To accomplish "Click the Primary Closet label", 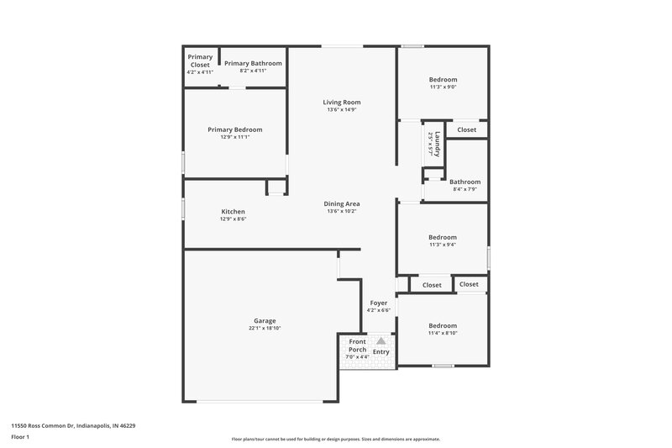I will pos(200,61).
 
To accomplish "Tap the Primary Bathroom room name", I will pos(253,63).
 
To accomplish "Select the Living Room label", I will pos(342,103).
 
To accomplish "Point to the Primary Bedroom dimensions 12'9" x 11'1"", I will pos(235,137).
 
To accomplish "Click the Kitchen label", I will pos(233,211).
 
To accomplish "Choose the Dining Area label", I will pos(342,203).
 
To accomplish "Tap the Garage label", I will pos(265,320).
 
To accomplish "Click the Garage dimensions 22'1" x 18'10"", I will pos(265,329).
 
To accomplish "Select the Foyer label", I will pos(379,303).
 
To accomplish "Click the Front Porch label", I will pos(358,345).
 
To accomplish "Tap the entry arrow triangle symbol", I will pos(381,341).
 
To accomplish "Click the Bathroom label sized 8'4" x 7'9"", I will pos(465,182).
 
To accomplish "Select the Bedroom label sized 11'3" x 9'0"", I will pos(443,79).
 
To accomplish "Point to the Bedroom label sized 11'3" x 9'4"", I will pos(443,237).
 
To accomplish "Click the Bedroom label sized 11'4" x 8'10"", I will pos(443,325).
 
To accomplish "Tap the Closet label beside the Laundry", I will pos(466,129).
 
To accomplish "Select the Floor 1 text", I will pos(20,438).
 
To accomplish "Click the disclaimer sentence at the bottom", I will pos(335,439).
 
